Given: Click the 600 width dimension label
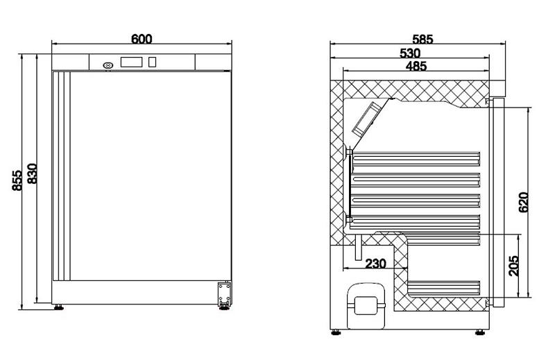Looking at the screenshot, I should click(142, 40).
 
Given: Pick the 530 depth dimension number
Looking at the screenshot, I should click(410, 53).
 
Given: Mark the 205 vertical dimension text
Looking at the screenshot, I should click(514, 266).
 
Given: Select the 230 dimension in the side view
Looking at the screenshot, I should click(375, 264).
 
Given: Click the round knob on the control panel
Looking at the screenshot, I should click(108, 65).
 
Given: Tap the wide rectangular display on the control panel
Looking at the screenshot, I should click(132, 62).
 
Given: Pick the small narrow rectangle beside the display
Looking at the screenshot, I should click(152, 62).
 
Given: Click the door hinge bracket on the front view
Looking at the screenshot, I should click(224, 294).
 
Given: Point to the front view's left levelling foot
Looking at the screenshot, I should click(58, 307).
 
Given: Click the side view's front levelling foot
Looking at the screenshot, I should click(479, 332).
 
